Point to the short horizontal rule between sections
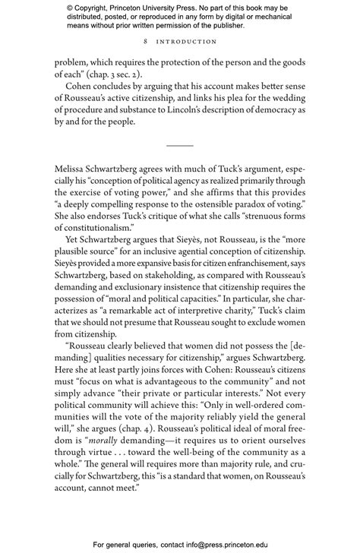pyautogui.click(x=180, y=144)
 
